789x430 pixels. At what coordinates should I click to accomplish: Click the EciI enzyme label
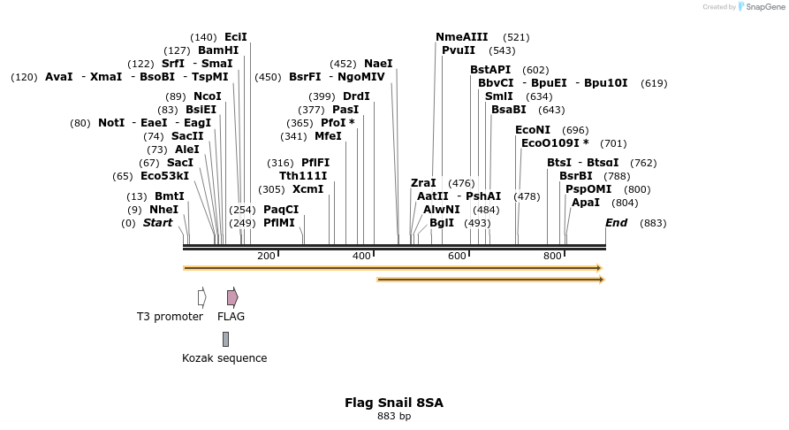(x=236, y=37)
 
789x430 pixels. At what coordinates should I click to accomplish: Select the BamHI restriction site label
(x=218, y=50)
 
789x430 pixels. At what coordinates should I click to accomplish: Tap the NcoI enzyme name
(x=207, y=96)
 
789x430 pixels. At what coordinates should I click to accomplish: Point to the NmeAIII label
(x=461, y=37)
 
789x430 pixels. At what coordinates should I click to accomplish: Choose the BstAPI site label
(x=490, y=70)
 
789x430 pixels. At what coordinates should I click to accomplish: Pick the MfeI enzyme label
(x=328, y=136)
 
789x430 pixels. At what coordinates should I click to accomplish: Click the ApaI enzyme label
(x=586, y=203)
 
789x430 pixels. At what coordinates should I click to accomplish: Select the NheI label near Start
(x=163, y=210)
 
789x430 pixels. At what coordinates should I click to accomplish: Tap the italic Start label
(x=157, y=223)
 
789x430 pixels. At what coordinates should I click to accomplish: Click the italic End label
(x=616, y=223)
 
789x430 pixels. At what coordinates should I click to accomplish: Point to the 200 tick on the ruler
(x=266, y=256)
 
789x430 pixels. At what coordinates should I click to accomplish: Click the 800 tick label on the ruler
(x=552, y=256)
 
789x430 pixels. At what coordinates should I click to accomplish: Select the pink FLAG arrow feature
(x=232, y=297)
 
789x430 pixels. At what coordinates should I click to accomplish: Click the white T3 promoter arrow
(x=201, y=297)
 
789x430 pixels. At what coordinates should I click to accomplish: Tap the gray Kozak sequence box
(x=226, y=339)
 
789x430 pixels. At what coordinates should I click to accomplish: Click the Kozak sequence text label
(x=224, y=358)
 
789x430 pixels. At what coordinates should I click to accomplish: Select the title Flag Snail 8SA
(x=394, y=403)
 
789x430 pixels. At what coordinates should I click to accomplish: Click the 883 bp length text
(x=394, y=416)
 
